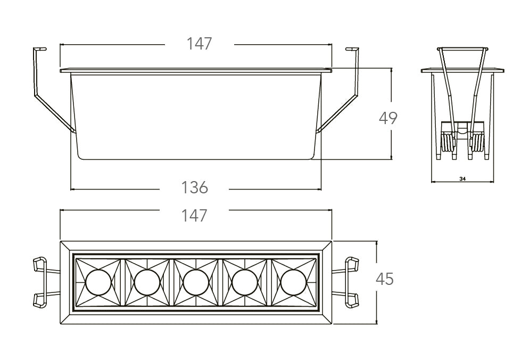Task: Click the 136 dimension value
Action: point(194,188)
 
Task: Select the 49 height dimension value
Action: point(388,118)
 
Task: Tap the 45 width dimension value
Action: point(385,279)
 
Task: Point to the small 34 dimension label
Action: point(462,179)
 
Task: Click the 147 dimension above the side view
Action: point(199,44)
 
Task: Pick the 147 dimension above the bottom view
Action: point(194,215)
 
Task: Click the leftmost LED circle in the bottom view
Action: point(98,282)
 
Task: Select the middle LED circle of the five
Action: point(196,282)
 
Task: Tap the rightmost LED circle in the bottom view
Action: point(293,282)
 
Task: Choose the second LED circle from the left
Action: point(147,282)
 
